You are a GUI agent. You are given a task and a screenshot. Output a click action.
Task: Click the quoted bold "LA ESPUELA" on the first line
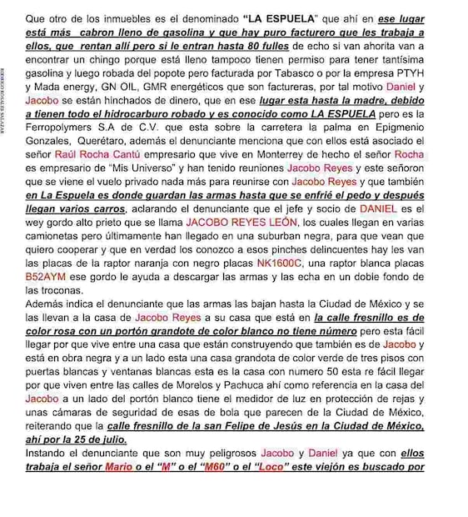(280, 18)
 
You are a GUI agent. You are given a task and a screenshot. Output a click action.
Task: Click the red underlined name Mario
(117, 466)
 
